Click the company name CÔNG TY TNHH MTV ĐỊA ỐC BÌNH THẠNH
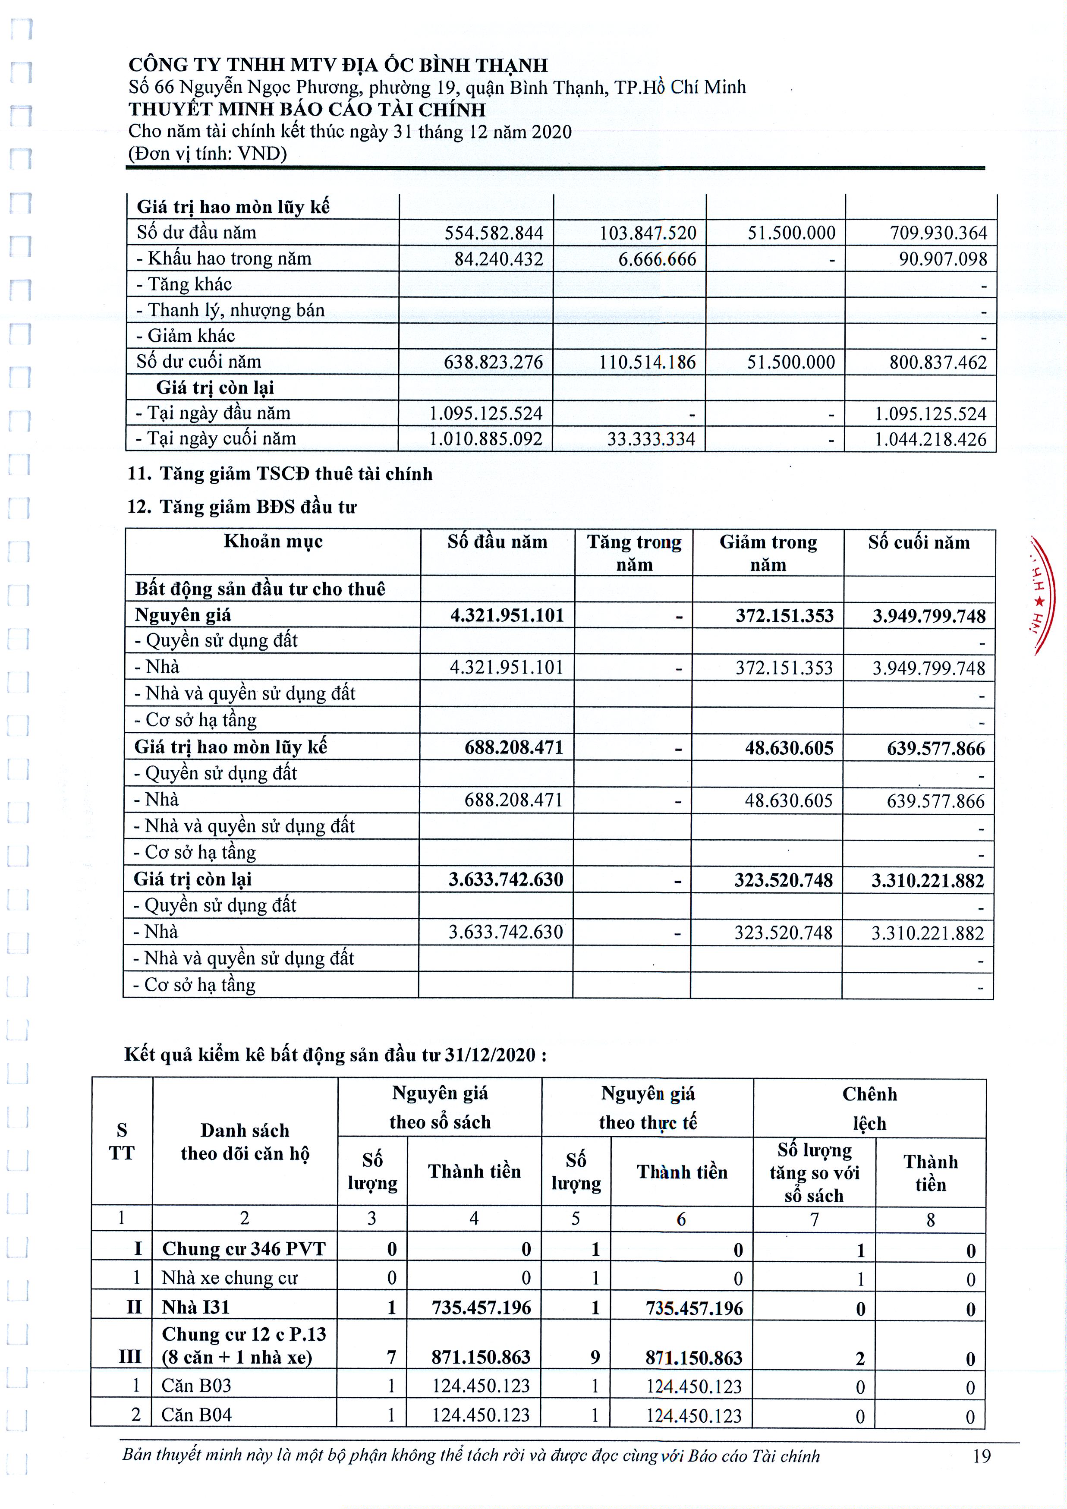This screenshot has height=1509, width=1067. point(338,65)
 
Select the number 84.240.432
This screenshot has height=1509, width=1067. point(499,259)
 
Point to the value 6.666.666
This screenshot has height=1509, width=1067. point(657,259)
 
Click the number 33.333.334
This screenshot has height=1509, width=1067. point(651,439)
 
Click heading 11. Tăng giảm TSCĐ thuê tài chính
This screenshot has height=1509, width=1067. point(280,474)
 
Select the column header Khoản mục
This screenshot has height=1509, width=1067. point(273,542)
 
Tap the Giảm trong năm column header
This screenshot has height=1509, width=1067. point(768,553)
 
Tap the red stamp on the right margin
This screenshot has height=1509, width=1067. point(1043,595)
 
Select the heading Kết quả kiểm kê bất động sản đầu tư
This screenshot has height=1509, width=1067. point(335,1055)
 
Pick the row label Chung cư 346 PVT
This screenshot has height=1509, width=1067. point(244,1249)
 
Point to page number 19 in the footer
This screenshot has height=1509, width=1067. point(982,1456)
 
